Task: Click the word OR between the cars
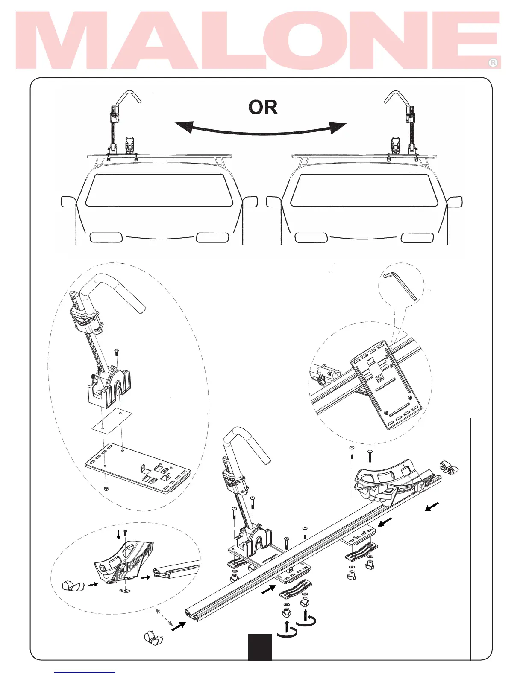pos(263,108)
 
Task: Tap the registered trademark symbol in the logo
pos(493,63)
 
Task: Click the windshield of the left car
pos(159,190)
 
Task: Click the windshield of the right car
pos(364,190)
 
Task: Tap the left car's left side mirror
pos(68,201)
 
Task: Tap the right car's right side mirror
pos(455,201)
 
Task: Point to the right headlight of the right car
pos(417,238)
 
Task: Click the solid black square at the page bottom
pos(260,647)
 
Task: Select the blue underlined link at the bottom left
pos(84,673)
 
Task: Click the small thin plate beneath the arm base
pos(112,420)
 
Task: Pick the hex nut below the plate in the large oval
pos(107,488)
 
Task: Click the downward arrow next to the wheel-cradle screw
pos(118,534)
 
